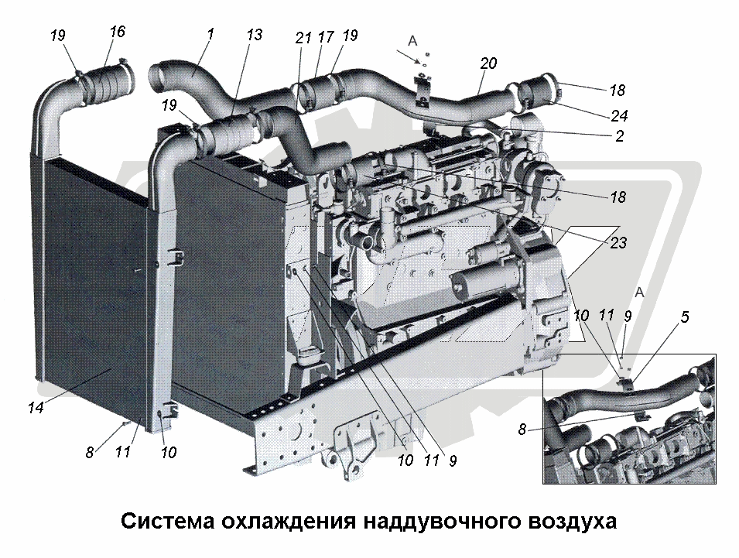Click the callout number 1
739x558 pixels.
coord(210,34)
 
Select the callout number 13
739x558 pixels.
coord(254,34)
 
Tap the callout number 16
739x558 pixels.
coord(117,32)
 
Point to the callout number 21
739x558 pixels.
coord(303,37)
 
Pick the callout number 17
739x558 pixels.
coord(325,36)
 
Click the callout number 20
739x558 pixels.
coord(488,63)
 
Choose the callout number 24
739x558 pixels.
coord(619,115)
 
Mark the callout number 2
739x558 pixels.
coord(619,135)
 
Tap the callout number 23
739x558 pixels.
coord(618,242)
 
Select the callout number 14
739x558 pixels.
coord(36,407)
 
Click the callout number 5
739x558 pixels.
coord(684,317)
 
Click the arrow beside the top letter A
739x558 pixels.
coord(407,57)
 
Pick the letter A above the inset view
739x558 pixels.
coord(639,293)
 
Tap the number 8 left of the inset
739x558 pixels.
coord(522,430)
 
